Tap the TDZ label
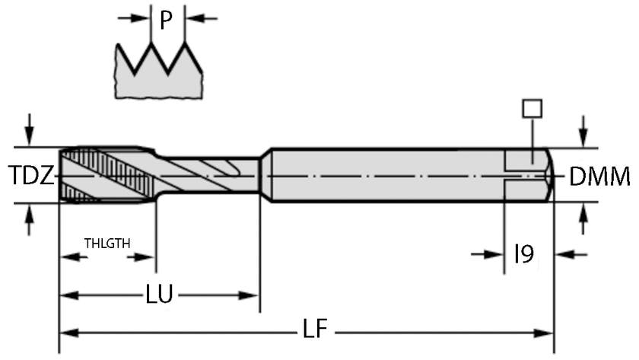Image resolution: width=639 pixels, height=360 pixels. tap(31, 177)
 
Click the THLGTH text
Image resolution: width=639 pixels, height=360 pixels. tap(107, 244)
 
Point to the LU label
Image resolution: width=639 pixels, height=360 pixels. tap(158, 295)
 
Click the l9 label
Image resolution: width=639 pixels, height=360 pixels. tap(524, 254)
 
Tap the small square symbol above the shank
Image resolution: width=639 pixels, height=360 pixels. tap(531, 108)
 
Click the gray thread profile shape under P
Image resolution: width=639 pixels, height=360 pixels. tap(160, 76)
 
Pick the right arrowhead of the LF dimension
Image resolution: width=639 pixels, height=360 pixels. tap(545, 333)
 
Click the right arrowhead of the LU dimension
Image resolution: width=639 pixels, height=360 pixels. tap(252, 295)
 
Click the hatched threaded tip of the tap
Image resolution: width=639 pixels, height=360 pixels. tap(91, 175)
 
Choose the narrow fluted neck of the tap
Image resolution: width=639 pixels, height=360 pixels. tap(209, 175)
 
